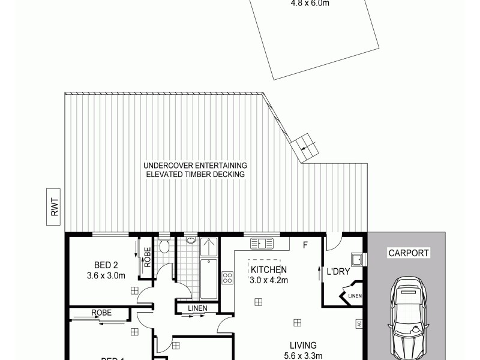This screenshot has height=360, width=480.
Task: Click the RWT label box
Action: pos(55,207)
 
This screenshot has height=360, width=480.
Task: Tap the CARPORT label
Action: pos(408,253)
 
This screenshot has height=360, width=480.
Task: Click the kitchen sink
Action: pos(262,243)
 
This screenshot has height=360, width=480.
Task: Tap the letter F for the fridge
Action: pos(305,245)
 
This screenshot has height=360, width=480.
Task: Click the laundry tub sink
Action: pos(358,260)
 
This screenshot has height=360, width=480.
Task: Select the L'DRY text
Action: pos(338,271)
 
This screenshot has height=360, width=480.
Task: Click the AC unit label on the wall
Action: pos(358,324)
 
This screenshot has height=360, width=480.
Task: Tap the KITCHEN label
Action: pos(269,269)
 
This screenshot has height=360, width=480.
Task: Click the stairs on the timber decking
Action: pos(304,146)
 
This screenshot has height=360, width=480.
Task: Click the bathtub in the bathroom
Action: pos(208,278)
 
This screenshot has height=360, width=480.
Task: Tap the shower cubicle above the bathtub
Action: pos(208,247)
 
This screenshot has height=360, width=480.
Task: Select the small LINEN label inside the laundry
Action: pos(355,295)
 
